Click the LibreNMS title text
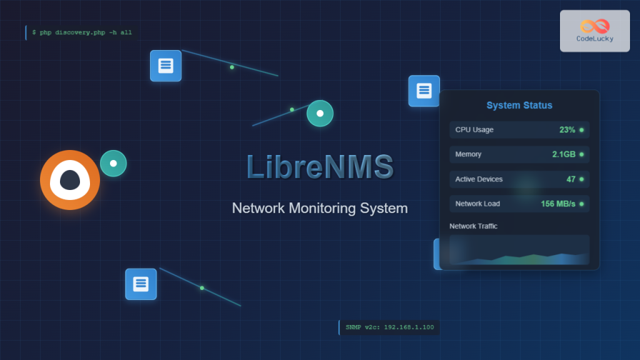click(x=320, y=167)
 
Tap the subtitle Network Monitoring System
click(x=319, y=208)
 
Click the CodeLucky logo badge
click(x=594, y=31)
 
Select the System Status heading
click(x=519, y=105)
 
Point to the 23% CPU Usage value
click(x=567, y=130)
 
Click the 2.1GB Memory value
click(x=563, y=154)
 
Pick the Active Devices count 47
click(x=571, y=179)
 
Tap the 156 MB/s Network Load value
click(x=558, y=204)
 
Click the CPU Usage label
click(x=474, y=130)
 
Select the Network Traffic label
click(x=473, y=226)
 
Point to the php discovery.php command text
click(x=82, y=32)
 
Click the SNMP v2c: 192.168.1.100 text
click(x=389, y=327)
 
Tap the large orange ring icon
click(x=70, y=180)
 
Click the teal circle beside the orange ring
click(x=113, y=164)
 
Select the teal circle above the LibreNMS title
click(x=320, y=114)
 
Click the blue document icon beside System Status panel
click(x=424, y=91)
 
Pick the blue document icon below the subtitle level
click(x=141, y=284)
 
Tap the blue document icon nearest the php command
click(x=166, y=66)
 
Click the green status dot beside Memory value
click(x=581, y=154)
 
